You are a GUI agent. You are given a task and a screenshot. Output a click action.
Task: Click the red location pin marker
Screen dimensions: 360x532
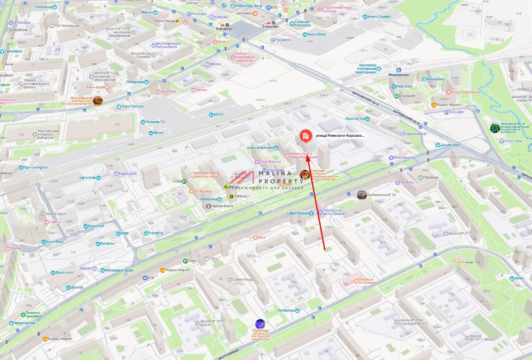click(306, 136)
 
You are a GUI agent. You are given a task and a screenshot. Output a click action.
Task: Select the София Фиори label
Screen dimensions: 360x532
click(298, 213)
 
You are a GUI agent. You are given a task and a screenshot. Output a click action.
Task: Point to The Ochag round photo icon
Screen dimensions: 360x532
click(260, 324)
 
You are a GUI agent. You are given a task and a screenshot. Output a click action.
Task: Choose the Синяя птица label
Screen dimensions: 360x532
click(242, 279)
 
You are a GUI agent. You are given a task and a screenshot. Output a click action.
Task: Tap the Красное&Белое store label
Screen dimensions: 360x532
click(261, 148)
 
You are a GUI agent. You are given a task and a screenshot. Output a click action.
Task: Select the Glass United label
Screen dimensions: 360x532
click(355, 119)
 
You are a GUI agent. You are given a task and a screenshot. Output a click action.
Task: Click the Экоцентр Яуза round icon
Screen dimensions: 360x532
click(495, 128)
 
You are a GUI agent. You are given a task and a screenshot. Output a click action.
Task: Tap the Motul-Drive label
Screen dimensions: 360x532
click(316, 34)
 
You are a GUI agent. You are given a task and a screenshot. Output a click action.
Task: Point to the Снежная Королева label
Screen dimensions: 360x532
click(302, 24)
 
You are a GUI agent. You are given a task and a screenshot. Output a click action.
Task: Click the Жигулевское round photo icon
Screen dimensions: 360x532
click(98, 100)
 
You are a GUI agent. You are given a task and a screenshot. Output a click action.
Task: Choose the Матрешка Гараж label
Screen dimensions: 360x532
click(119, 270)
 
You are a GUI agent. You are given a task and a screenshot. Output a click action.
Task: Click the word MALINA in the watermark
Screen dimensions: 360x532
click(275, 174)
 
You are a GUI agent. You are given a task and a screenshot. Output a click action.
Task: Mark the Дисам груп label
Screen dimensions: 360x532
click(450, 145)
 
